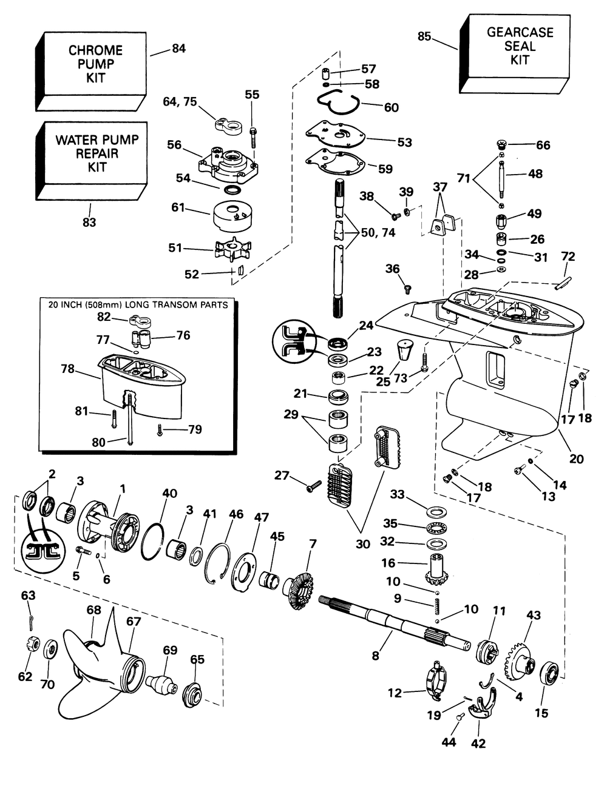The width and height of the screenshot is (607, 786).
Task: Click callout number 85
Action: pyautogui.click(x=424, y=36)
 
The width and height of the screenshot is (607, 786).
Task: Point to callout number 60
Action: pyautogui.click(x=392, y=107)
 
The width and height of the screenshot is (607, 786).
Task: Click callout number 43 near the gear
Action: pyautogui.click(x=533, y=615)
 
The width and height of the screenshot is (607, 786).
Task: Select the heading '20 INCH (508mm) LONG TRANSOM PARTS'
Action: pyautogui.click(x=138, y=305)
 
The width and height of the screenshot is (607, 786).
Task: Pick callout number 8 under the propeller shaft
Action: pyautogui.click(x=375, y=654)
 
